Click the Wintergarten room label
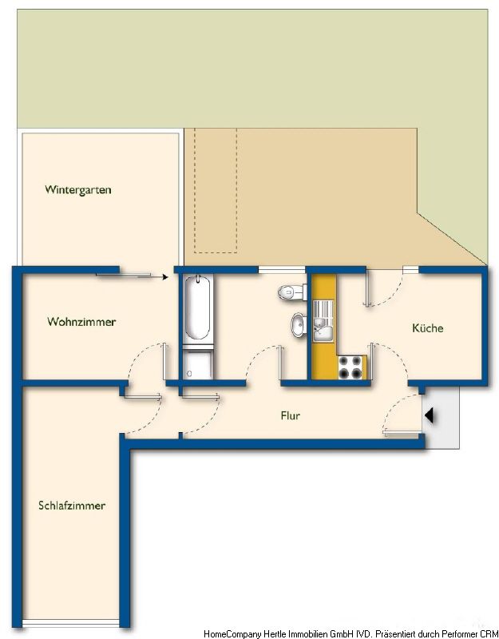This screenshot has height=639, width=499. (78, 190)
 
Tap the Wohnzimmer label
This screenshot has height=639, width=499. (81, 322)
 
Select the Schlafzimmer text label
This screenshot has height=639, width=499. (72, 506)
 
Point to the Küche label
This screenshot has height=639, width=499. (428, 327)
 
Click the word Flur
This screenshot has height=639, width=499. (291, 415)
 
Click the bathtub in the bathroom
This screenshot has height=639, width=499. (198, 308)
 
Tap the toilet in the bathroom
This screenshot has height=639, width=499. (292, 292)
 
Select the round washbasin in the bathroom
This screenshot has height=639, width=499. (299, 325)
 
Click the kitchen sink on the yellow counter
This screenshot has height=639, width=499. (323, 321)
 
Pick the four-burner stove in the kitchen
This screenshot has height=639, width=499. (350, 367)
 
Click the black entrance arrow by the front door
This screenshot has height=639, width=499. (430, 416)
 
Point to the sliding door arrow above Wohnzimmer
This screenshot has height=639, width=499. (132, 276)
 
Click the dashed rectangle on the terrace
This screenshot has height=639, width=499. (216, 191)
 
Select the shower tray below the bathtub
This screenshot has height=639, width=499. (197, 363)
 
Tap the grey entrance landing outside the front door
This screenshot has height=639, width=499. (442, 417)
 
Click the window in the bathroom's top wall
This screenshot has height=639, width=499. (282, 269)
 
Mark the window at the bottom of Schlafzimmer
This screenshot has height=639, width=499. (71, 623)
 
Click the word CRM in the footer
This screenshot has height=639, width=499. (489, 633)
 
